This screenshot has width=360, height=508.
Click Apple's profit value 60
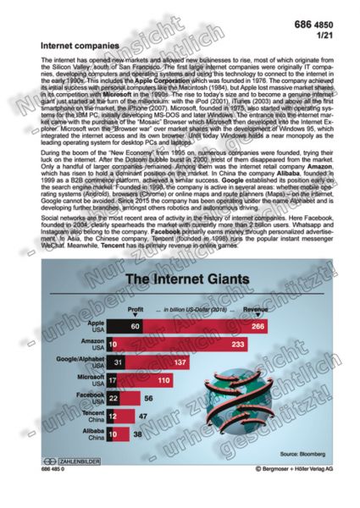pos(112,325)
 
